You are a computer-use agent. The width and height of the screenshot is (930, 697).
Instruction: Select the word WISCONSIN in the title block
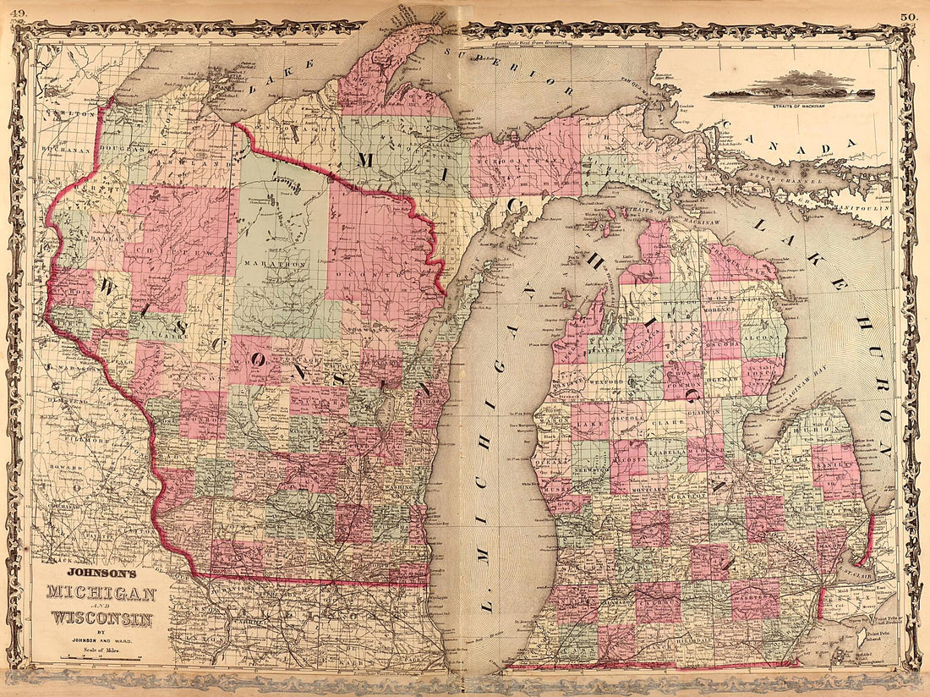click(101, 618)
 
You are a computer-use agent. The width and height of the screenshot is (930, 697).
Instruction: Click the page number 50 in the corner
click(910, 15)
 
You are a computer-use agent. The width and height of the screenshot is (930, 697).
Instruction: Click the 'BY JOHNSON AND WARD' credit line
click(101, 639)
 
